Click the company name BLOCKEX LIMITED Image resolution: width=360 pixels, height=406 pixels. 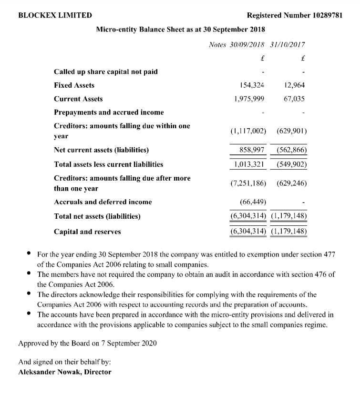click(x=55, y=15)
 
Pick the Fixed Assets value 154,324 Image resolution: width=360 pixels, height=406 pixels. click(x=252, y=85)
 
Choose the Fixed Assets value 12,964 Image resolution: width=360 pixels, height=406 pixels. click(x=294, y=85)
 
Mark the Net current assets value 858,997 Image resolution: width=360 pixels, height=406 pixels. click(x=252, y=150)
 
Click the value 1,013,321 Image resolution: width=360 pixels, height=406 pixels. click(x=249, y=164)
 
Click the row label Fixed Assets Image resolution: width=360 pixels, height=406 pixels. click(x=74, y=85)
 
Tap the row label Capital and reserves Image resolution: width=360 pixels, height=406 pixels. click(x=87, y=232)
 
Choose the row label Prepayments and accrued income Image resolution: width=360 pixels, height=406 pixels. click(x=109, y=112)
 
